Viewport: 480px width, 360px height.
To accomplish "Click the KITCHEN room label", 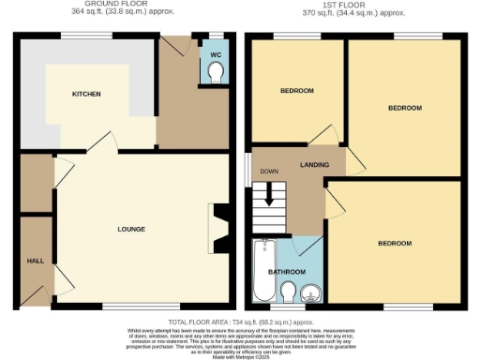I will pyautogui.click(x=85, y=95).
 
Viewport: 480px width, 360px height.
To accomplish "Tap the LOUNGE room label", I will pyautogui.click(x=130, y=229).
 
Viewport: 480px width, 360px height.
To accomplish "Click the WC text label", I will pyautogui.click(x=215, y=53).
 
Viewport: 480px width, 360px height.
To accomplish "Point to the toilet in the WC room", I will pyautogui.click(x=217, y=75).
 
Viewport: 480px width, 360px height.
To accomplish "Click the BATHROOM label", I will pyautogui.click(x=287, y=272).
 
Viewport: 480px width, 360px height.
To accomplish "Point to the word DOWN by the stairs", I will pyautogui.click(x=269, y=172).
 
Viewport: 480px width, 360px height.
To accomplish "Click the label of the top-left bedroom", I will pyautogui.click(x=296, y=90).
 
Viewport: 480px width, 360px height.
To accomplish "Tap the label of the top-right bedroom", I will pyautogui.click(x=405, y=108).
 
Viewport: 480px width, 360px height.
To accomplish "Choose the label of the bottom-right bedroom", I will pyautogui.click(x=395, y=243).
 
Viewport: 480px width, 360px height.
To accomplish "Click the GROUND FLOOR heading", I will pyautogui.click(x=118, y=4).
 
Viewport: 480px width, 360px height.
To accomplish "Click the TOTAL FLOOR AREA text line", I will pyautogui.click(x=240, y=320).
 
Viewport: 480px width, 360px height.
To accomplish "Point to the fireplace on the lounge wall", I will pyautogui.click(x=215, y=228).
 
